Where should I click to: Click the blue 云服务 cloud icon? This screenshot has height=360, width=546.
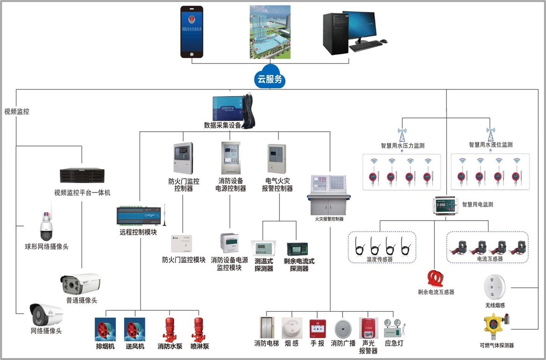(270, 78)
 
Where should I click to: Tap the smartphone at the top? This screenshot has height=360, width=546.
(192, 32)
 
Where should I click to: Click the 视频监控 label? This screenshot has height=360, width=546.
(16, 112)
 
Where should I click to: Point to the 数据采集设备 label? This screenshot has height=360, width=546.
(222, 125)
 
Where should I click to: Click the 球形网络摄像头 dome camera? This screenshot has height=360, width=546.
(46, 227)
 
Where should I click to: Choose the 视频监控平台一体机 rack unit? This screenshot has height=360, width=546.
(82, 176)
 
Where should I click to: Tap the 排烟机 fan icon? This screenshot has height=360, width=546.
(105, 329)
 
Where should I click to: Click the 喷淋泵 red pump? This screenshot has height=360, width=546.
(199, 329)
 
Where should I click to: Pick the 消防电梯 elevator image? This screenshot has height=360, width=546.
(267, 328)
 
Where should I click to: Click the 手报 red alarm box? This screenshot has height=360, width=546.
(317, 328)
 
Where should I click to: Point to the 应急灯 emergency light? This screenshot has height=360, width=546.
(394, 328)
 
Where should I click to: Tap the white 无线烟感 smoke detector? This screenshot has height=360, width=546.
(495, 287)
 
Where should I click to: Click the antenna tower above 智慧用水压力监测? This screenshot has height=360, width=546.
(402, 135)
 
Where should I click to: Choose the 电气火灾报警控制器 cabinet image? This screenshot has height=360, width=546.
(277, 159)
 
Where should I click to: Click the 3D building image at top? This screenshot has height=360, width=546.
(270, 32)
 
